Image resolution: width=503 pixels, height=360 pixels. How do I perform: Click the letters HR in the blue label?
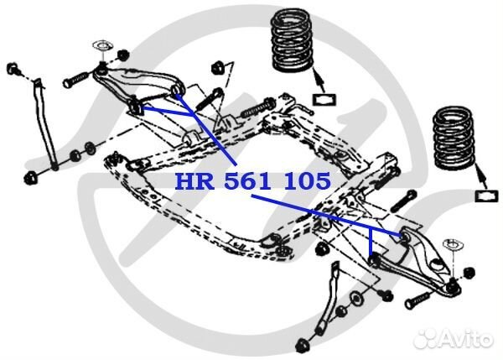[194, 180]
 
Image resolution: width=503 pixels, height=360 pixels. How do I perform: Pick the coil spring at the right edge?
[454, 138]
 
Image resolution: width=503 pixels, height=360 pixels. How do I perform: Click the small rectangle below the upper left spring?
[324, 99]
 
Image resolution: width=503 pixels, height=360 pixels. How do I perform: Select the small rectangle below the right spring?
[486, 196]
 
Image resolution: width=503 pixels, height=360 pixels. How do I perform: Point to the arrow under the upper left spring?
[318, 81]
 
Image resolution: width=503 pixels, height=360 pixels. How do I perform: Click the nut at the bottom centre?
[303, 345]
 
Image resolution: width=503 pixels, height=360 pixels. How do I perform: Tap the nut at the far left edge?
[31, 178]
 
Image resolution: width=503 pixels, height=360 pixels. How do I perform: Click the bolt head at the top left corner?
[13, 69]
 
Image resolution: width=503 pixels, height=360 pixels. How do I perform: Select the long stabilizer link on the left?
[44, 123]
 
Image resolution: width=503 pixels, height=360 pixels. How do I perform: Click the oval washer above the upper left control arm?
[102, 45]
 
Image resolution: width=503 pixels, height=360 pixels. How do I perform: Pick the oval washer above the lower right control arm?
[453, 245]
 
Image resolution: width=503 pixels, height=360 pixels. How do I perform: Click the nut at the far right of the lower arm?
[469, 273]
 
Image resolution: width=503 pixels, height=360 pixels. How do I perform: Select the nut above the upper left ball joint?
[122, 55]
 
